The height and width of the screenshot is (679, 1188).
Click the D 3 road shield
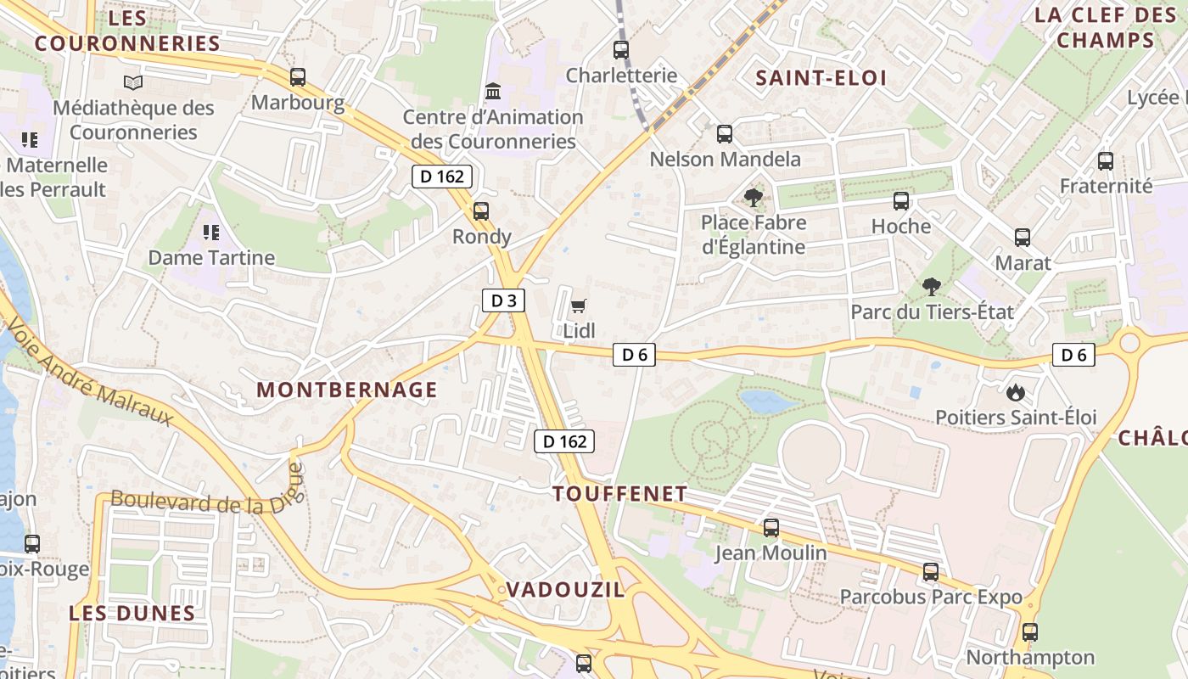pos(503,300)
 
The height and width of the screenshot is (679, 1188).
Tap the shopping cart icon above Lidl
pos(579,306)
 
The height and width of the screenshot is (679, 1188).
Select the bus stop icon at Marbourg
pos(298,77)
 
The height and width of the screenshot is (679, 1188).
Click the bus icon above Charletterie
pos(621,50)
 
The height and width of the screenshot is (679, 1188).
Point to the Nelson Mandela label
pos(725,160)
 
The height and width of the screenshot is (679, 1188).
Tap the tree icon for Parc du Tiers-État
pos(932,286)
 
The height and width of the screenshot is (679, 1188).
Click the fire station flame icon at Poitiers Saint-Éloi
pos(1015,392)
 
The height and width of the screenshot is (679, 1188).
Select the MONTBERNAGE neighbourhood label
pos(347,390)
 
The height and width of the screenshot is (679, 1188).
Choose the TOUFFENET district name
pos(619,494)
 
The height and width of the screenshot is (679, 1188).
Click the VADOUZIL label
pos(565,590)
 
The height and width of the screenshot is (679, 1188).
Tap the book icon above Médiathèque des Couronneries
pos(133,82)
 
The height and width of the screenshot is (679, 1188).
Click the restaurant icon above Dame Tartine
pos(211,232)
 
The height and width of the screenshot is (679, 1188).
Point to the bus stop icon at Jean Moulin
pos(771,528)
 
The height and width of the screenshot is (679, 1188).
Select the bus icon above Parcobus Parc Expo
pos(931,572)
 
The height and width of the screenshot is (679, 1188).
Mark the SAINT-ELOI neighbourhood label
pos(821,78)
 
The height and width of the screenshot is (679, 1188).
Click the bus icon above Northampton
pos(1030,632)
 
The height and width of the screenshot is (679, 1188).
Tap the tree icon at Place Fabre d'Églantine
pos(753,199)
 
